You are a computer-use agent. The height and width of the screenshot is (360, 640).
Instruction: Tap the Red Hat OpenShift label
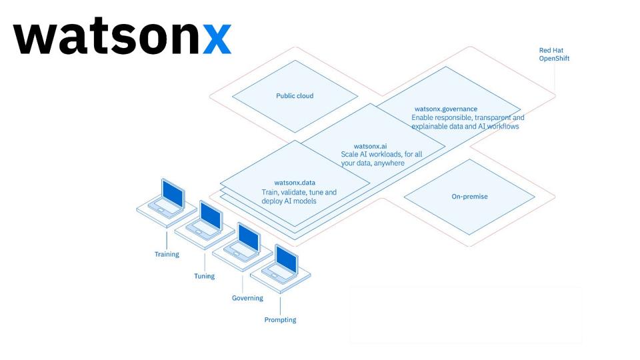click(554, 55)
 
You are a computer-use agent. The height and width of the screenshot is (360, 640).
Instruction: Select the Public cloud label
click(295, 96)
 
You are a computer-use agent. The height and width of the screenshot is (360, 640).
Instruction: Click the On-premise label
click(469, 197)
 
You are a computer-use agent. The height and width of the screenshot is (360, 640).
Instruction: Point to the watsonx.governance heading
click(445, 109)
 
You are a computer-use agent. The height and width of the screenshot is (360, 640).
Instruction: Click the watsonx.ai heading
click(370, 146)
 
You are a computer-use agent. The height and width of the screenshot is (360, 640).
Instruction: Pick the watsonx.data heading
click(295, 183)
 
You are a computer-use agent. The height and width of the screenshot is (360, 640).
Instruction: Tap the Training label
click(167, 255)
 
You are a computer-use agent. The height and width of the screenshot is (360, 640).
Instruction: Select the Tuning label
click(204, 276)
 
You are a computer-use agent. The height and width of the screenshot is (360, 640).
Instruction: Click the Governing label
click(247, 298)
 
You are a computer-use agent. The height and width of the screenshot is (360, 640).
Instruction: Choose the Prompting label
click(280, 320)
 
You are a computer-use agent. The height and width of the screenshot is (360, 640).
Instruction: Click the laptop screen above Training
click(173, 193)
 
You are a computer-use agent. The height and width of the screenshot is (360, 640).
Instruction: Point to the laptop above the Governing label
click(243, 243)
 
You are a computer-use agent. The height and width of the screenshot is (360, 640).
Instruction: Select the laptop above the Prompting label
click(281, 265)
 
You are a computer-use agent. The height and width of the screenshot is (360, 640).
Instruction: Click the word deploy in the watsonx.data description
click(272, 201)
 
